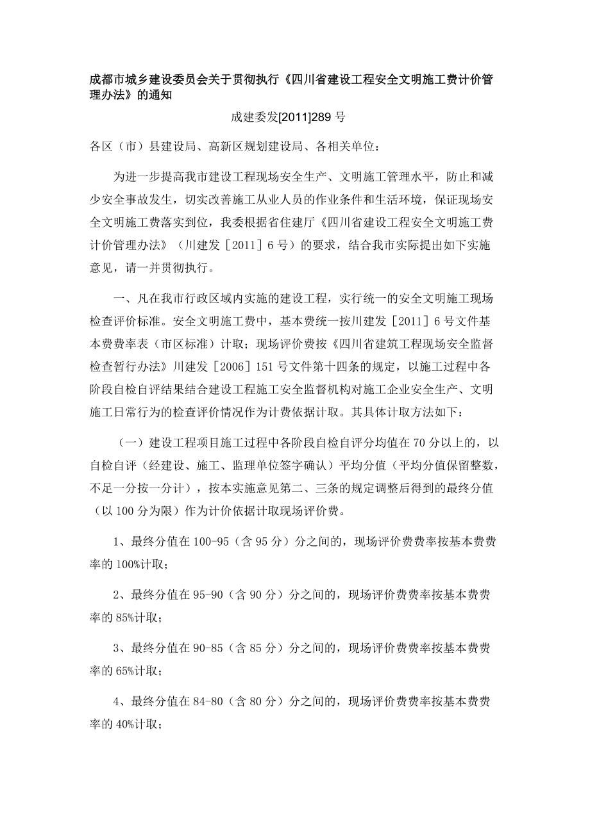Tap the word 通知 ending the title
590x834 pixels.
(162, 95)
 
